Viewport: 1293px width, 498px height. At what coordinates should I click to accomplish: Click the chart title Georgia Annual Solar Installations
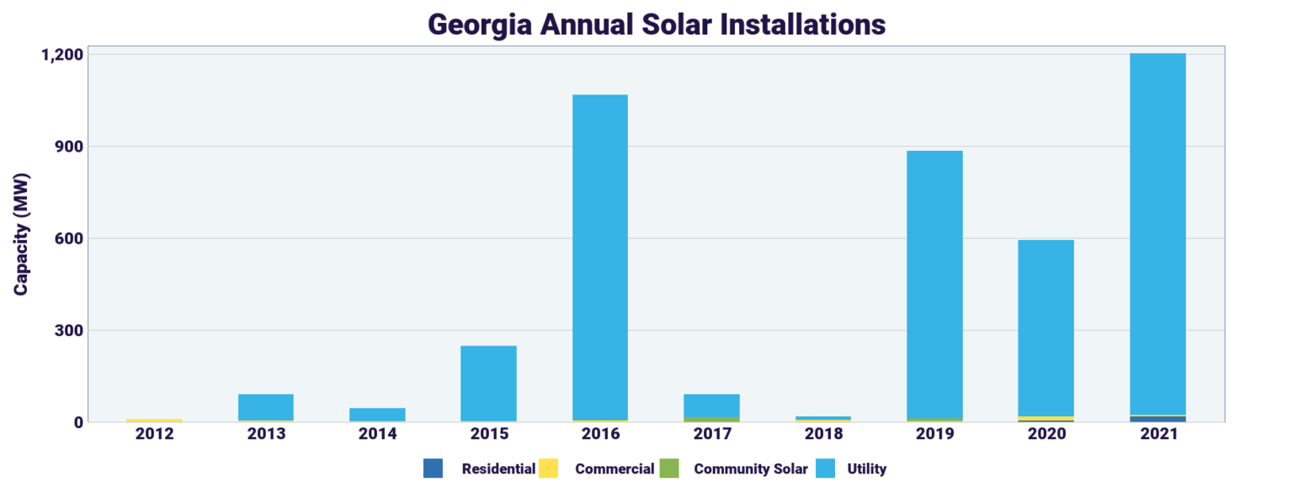pyautogui.click(x=656, y=24)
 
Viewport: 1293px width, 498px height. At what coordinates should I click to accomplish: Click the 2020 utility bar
pyautogui.click(x=1046, y=328)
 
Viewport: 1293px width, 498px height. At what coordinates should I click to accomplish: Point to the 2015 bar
pyautogui.click(x=488, y=383)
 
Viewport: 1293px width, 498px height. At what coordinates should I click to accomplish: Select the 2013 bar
pyautogui.click(x=265, y=407)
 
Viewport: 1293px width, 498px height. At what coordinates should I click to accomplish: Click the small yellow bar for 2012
pyautogui.click(x=154, y=420)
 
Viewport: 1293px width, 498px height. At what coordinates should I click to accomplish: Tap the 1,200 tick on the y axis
pyautogui.click(x=61, y=55)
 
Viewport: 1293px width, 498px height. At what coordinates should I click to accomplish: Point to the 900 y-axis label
pyautogui.click(x=67, y=147)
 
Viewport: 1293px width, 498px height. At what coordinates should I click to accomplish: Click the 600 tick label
pyautogui.click(x=67, y=238)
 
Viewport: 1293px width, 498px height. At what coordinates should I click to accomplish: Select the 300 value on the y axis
pyautogui.click(x=67, y=330)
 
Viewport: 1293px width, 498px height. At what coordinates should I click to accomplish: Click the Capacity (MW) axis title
pyautogui.click(x=21, y=234)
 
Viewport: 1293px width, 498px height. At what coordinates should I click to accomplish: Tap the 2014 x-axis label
pyautogui.click(x=377, y=434)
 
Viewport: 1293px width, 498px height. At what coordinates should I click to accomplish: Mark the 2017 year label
pyautogui.click(x=711, y=434)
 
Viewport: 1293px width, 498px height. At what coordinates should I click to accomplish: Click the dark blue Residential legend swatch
pyautogui.click(x=433, y=469)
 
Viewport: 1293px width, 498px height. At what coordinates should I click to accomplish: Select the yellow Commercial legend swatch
pyautogui.click(x=548, y=469)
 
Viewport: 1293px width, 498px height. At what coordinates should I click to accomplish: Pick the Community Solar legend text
pyautogui.click(x=750, y=469)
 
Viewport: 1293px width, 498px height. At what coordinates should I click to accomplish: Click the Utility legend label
pyautogui.click(x=866, y=469)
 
